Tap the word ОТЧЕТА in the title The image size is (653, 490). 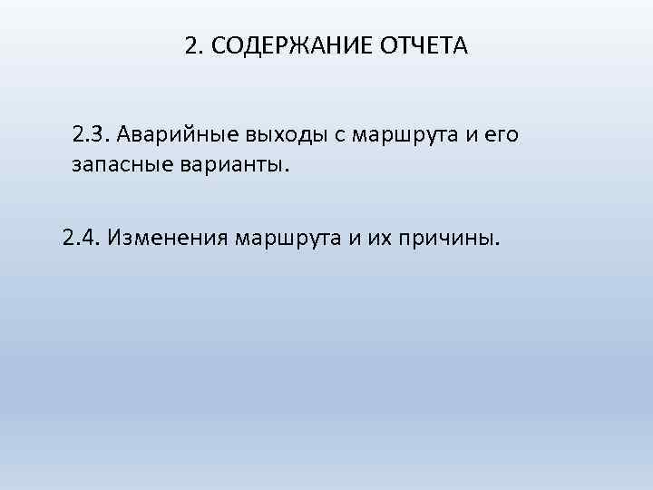423,45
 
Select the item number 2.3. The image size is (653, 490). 90,136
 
